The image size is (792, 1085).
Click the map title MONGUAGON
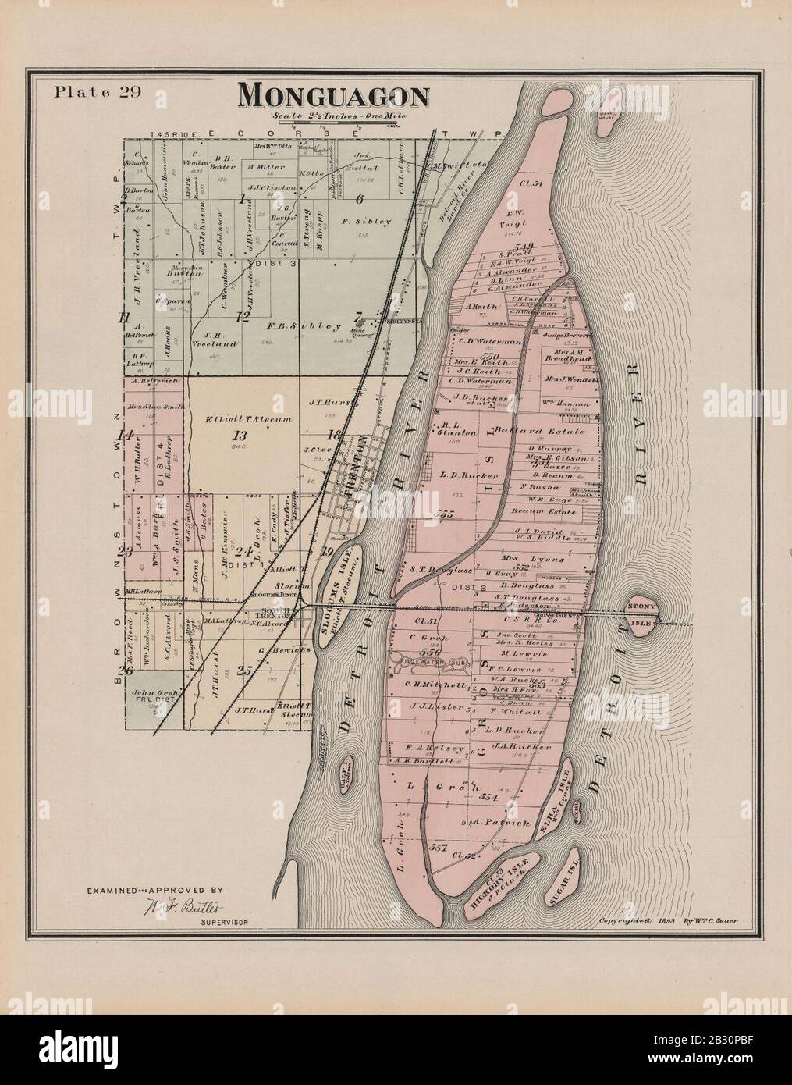[333, 95]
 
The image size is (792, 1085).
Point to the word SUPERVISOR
[224, 923]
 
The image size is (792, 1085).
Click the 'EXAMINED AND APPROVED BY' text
[155, 889]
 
